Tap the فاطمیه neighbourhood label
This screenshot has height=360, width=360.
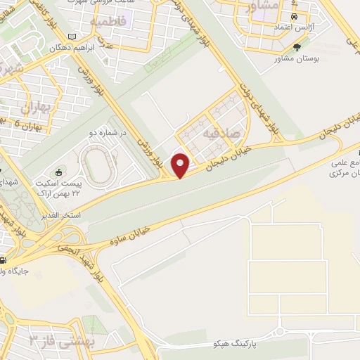pyautogui.click(x=108, y=22)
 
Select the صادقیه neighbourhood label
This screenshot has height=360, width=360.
pyautogui.click(x=221, y=132)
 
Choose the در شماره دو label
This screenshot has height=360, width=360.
pyautogui.click(x=112, y=131)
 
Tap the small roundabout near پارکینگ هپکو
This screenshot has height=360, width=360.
pyautogui.click(x=281, y=332)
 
